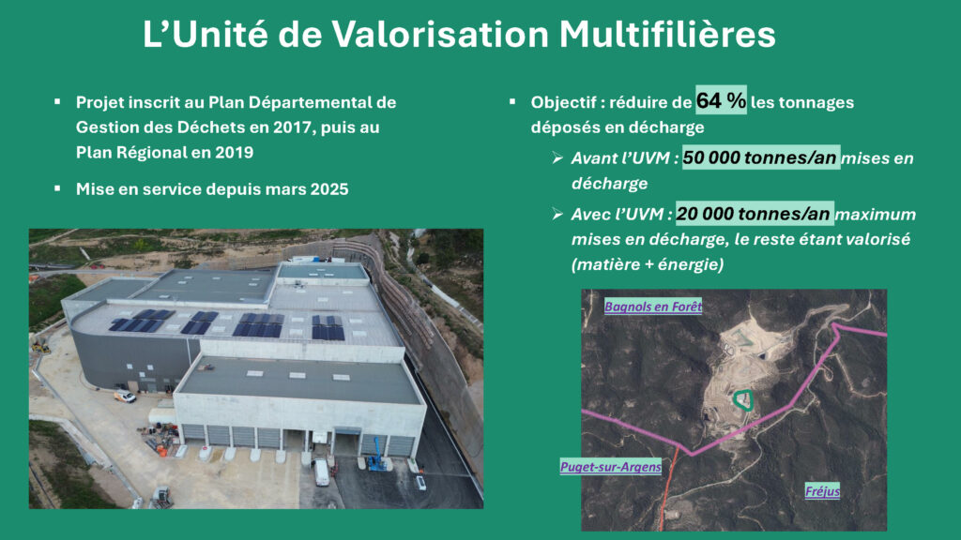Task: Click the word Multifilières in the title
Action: tap(667, 35)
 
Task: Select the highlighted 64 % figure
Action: tap(721, 99)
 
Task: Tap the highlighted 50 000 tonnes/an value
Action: tap(760, 157)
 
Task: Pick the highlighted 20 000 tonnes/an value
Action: tap(754, 214)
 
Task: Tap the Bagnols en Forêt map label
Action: tap(653, 307)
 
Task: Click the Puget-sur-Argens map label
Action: tap(611, 467)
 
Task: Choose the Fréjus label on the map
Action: tap(822, 491)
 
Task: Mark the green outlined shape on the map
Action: tap(743, 399)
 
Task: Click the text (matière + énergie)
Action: tap(648, 264)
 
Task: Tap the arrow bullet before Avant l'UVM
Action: tap(557, 157)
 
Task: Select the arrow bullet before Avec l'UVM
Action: tap(557, 214)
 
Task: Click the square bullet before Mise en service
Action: tap(57, 188)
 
